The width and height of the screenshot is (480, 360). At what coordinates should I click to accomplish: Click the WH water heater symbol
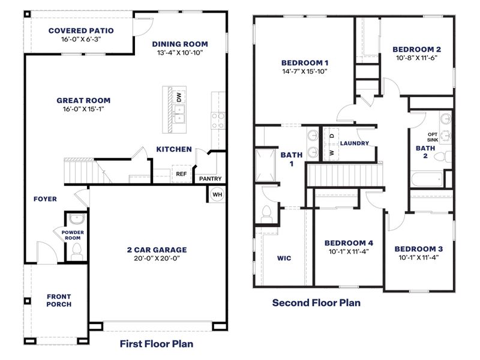217,194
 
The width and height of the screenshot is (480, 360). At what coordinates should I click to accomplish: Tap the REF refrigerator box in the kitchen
181,174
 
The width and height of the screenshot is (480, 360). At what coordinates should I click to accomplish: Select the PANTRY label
210,178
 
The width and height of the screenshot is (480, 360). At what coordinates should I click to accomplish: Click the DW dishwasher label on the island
178,97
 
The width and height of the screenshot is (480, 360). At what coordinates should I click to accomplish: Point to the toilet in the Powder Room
76,255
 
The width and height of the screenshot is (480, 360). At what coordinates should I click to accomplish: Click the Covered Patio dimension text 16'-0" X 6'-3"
81,40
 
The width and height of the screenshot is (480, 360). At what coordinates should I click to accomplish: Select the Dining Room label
180,44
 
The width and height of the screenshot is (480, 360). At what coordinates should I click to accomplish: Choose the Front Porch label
59,300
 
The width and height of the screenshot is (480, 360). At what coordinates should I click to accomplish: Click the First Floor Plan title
156,344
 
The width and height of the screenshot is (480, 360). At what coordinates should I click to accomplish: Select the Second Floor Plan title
316,302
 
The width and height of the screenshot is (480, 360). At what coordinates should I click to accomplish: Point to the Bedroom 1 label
305,62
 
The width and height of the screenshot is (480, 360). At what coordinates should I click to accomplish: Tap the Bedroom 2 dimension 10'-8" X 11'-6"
417,58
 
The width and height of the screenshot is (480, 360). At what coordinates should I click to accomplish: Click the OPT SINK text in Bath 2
433,137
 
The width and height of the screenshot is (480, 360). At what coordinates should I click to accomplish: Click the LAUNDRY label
354,143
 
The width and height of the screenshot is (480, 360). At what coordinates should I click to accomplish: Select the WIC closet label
284,258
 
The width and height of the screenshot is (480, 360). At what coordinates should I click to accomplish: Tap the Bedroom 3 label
418,249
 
